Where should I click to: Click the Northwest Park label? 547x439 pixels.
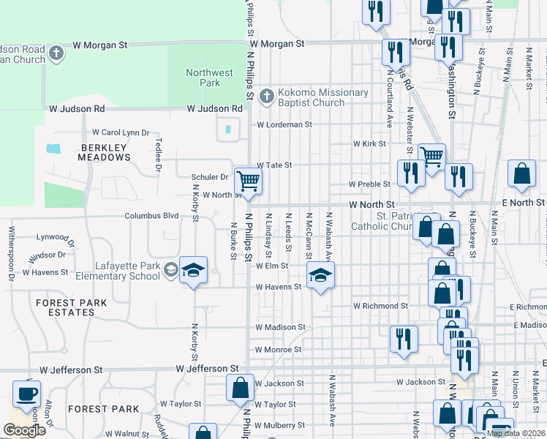[x=209, y=78]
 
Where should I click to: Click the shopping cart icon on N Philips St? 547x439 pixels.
[x=248, y=180]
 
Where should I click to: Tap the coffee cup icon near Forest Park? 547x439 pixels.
[x=28, y=394]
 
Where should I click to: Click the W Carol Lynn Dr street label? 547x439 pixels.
[x=121, y=132]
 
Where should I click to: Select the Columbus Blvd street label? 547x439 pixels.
[x=151, y=216]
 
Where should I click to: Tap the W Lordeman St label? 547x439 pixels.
[x=284, y=124]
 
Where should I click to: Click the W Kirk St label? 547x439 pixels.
[x=369, y=144]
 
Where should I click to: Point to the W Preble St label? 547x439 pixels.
[x=371, y=184]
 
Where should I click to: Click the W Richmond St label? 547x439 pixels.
[x=380, y=305]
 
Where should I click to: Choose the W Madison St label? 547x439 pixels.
[x=280, y=327]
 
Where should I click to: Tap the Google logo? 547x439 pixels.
[x=24, y=430]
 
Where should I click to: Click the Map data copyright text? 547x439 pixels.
[x=516, y=433]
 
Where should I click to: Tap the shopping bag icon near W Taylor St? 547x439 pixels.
[x=240, y=389]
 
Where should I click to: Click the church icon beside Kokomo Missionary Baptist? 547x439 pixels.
[x=267, y=96]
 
